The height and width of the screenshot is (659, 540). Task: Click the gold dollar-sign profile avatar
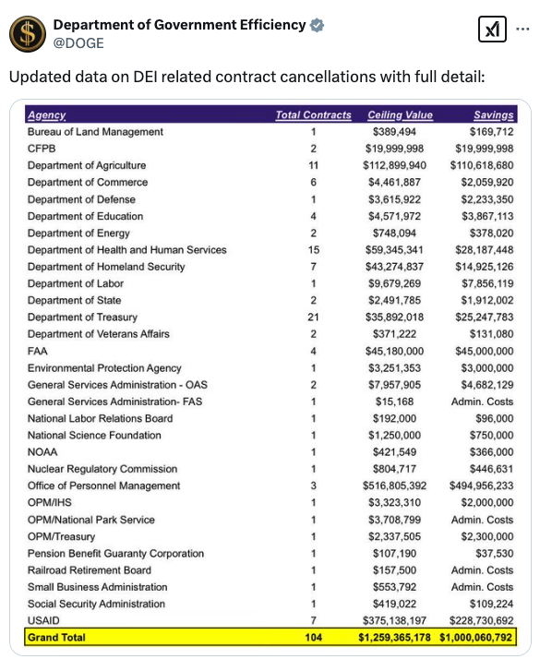28,34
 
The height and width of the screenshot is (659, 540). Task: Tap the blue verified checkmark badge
317,25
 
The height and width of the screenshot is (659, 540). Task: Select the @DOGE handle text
78,43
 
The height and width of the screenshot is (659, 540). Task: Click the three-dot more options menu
522,29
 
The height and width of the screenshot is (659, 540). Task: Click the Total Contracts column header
313,114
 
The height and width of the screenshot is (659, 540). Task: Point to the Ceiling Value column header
400,114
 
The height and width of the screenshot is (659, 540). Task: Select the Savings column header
494,114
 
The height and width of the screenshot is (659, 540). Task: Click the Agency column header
47,115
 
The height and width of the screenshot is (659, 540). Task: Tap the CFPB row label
42,149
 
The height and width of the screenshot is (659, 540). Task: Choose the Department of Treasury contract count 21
313,317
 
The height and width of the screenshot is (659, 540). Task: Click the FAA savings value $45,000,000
484,351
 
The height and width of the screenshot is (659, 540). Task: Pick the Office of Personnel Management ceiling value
394,485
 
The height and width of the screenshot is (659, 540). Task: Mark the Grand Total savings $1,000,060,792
475,638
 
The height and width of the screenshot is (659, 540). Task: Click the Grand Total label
56,638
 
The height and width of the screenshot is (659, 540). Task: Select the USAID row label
43,620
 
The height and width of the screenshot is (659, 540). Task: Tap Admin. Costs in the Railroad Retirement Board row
482,570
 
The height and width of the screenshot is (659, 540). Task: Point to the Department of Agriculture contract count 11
313,165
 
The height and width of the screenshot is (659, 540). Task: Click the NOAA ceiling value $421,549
394,452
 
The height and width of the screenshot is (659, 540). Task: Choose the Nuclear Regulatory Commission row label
102,469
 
